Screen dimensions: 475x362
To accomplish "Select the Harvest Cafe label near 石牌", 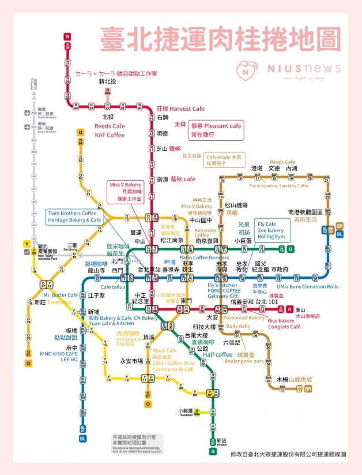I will pyautogui.click(x=180, y=109).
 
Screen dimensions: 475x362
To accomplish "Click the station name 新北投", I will pyautogui.click(x=107, y=82).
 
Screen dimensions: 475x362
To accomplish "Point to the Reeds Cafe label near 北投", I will pyautogui.click(x=110, y=126).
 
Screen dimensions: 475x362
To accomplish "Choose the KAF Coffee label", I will pyautogui.click(x=110, y=135).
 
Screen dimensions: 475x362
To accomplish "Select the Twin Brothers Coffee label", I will pyautogui.click(x=72, y=213).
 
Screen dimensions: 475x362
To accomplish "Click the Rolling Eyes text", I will pyautogui.click(x=271, y=237).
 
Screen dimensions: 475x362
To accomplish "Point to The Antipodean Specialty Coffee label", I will pyautogui.click(x=278, y=186).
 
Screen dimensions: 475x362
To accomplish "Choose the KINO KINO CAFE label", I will pyautogui.click(x=59, y=353).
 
